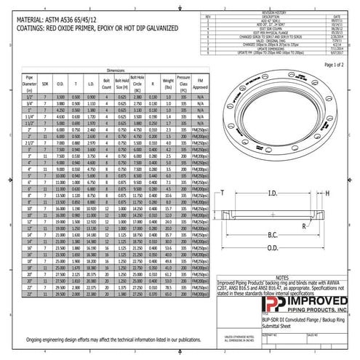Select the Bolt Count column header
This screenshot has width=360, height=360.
(107, 82)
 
